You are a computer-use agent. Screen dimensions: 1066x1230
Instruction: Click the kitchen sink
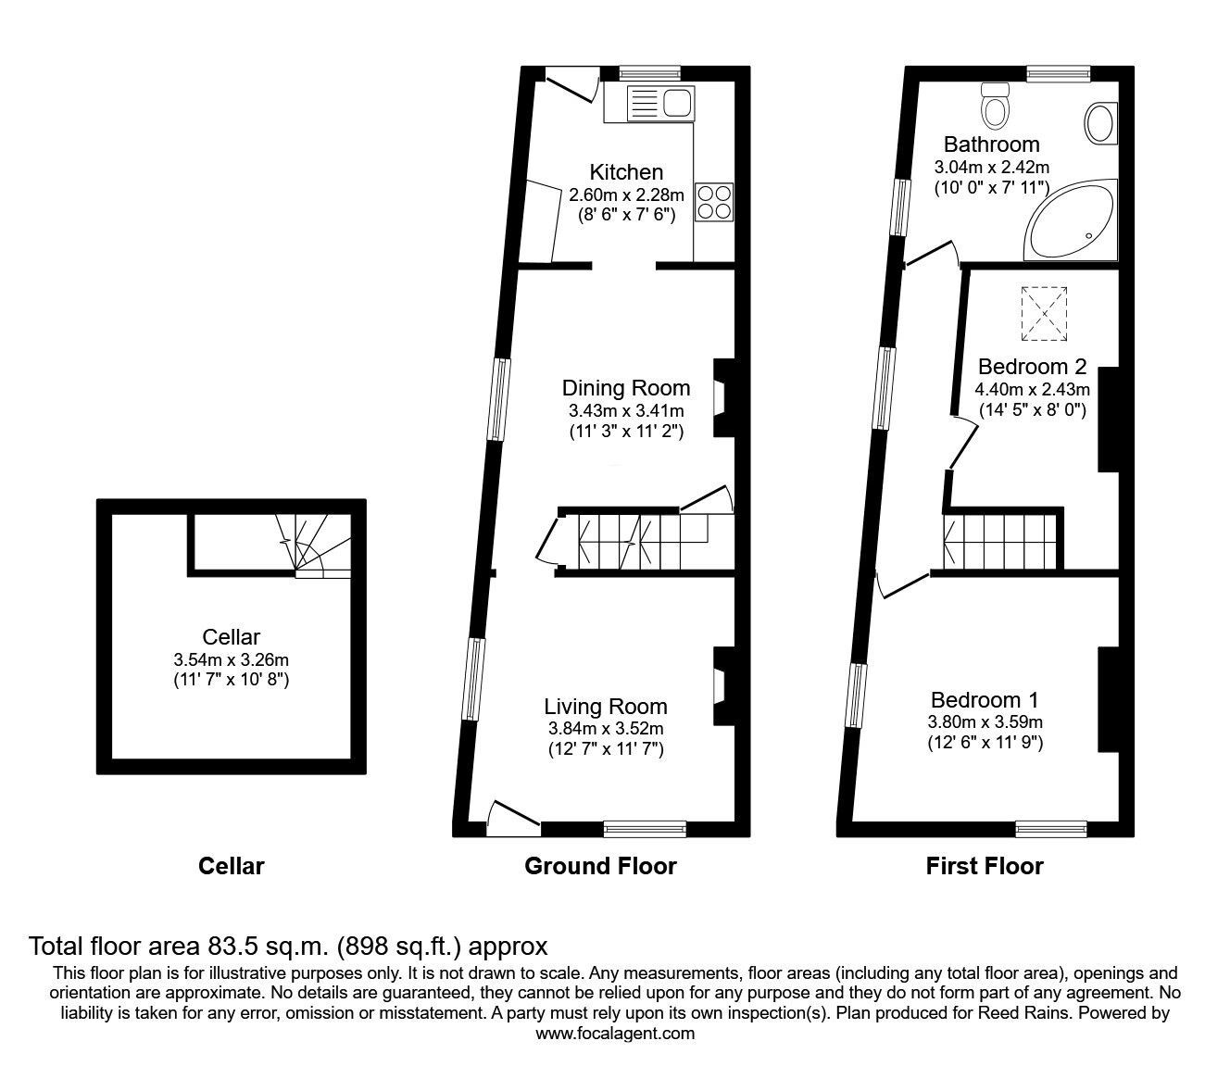point(659,103)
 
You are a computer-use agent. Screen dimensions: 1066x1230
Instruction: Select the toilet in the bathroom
point(996,106)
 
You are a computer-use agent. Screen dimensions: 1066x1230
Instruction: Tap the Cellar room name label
point(231,637)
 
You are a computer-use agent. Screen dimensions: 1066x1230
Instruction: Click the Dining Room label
point(626,388)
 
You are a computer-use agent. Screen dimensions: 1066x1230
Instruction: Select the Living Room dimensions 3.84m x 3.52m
point(604,729)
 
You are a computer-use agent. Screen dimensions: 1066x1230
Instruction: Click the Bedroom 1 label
point(985,700)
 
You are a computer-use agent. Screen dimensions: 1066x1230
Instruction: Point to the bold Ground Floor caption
point(600,867)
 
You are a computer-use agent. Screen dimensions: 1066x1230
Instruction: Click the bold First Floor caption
point(985,867)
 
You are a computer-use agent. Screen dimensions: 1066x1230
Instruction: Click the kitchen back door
point(573,85)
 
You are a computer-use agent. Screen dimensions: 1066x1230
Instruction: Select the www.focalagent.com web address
point(615,1034)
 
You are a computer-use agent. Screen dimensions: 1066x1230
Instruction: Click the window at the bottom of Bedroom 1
point(1051,828)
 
